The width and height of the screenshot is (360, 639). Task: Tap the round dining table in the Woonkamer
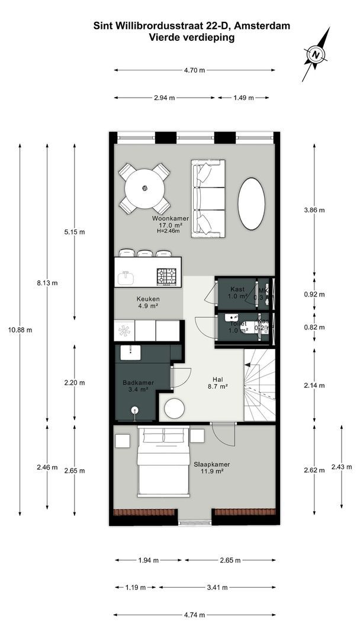click(x=144, y=188)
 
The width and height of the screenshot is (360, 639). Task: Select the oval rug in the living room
click(x=251, y=204)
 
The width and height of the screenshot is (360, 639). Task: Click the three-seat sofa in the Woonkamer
click(x=208, y=199)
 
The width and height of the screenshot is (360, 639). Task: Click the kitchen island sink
click(x=126, y=277)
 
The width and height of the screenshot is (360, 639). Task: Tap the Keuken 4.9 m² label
click(x=148, y=302)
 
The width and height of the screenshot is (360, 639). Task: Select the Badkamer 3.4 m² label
click(x=138, y=386)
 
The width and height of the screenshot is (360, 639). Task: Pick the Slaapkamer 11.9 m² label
click(x=208, y=468)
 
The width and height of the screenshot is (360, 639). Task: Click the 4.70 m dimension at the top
click(x=194, y=70)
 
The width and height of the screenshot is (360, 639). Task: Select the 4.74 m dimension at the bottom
click(x=194, y=615)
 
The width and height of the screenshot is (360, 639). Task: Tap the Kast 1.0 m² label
click(x=237, y=292)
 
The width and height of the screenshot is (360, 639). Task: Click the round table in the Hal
click(x=174, y=409)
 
